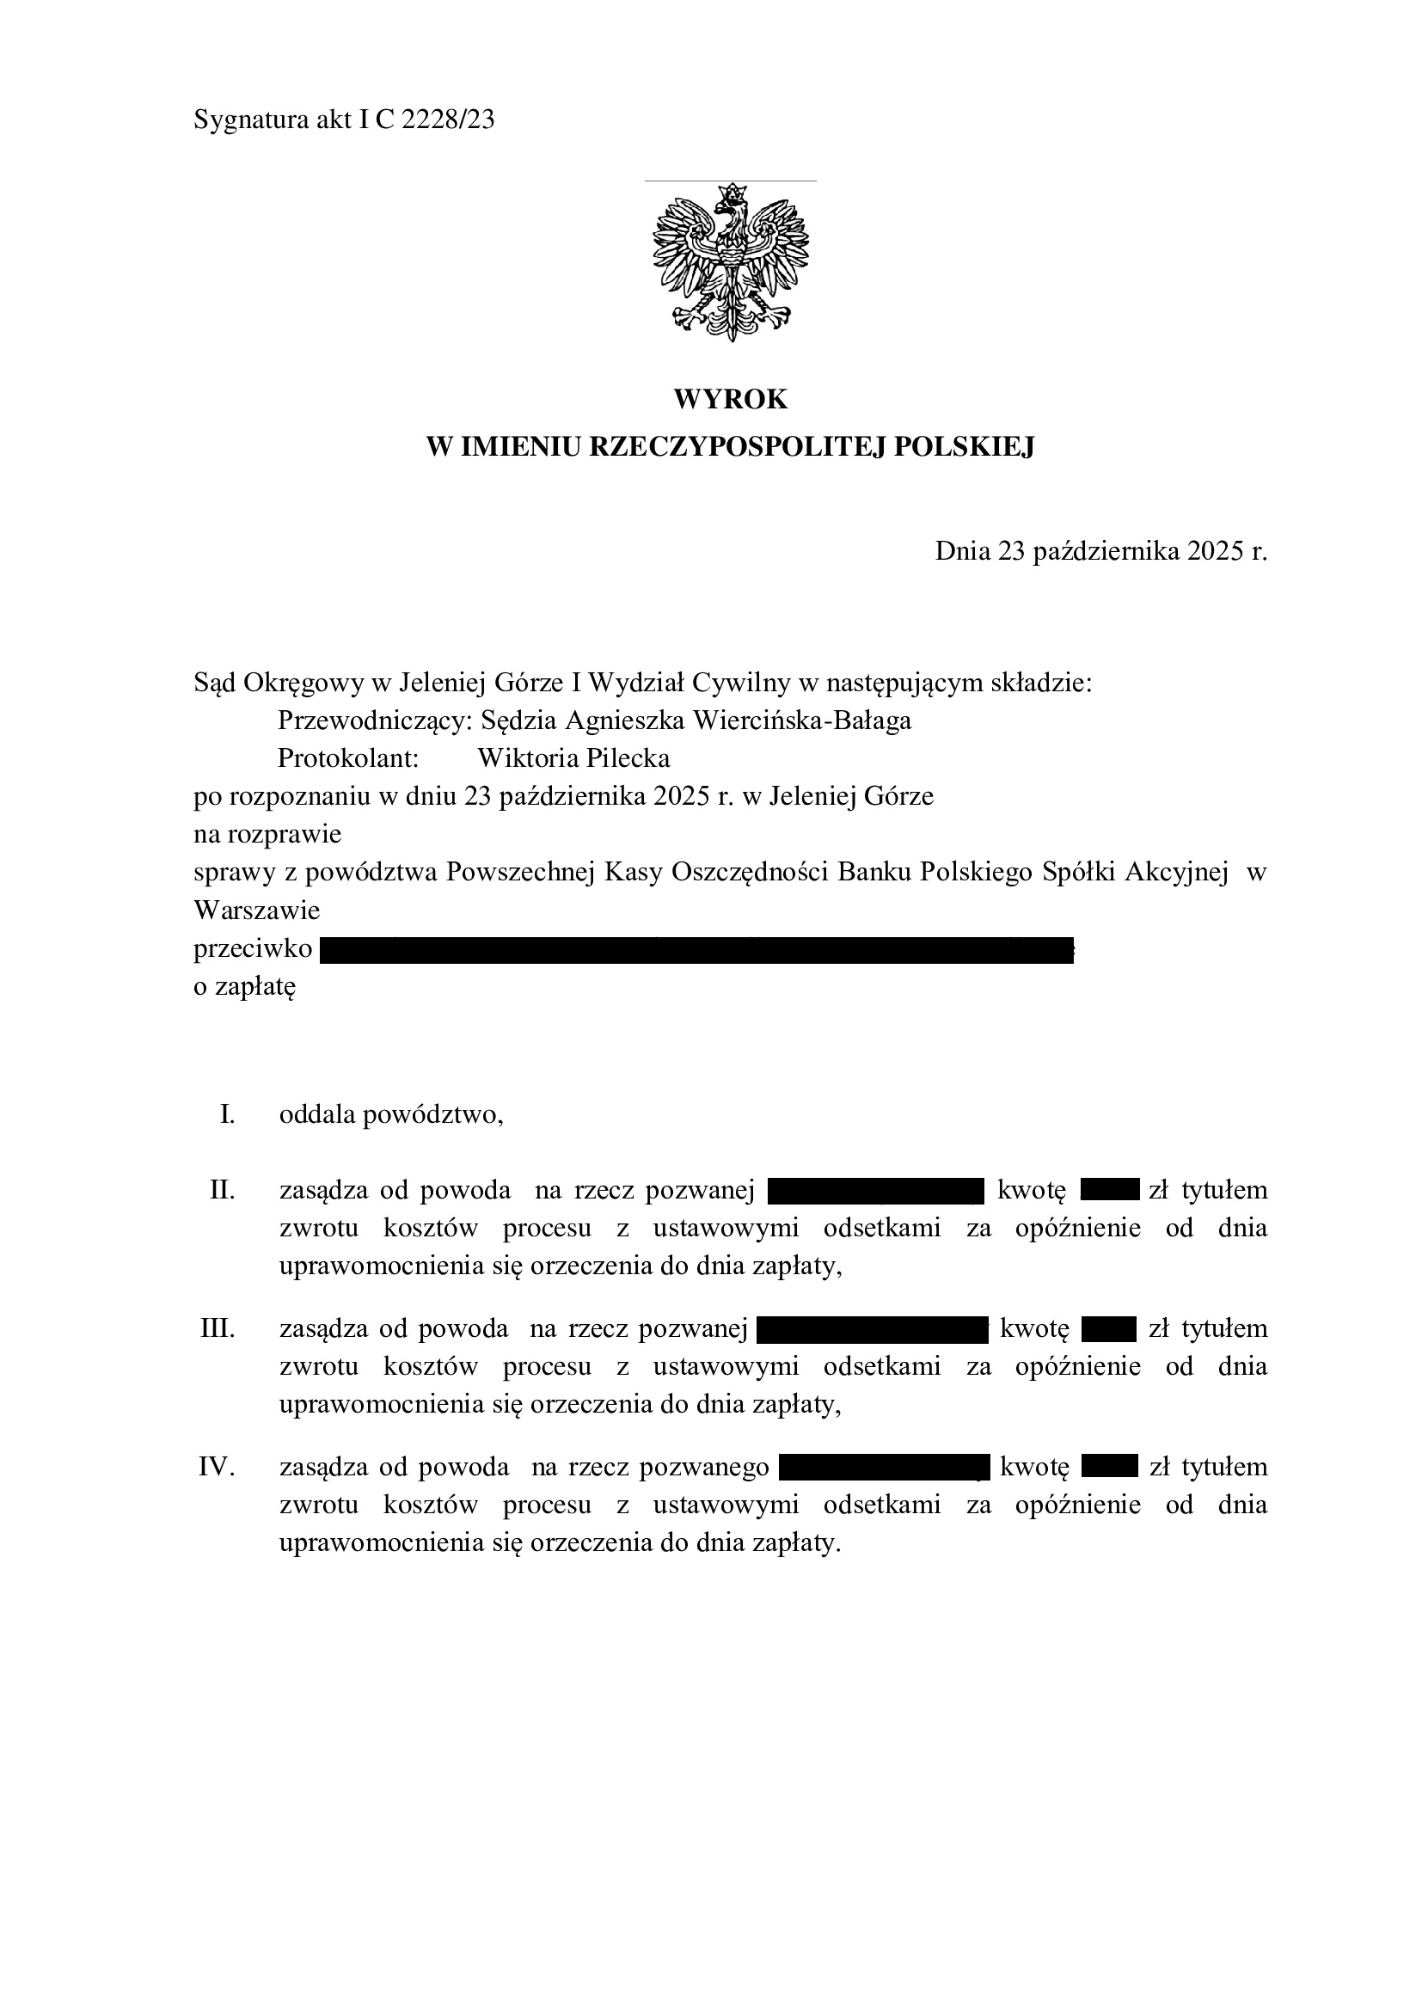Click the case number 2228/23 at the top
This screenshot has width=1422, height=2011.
447,120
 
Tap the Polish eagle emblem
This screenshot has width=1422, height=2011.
730,262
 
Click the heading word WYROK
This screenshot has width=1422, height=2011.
730,400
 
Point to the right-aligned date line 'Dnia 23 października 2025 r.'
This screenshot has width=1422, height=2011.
1100,551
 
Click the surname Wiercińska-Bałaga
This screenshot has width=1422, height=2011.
801,720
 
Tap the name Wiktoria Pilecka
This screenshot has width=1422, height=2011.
573,757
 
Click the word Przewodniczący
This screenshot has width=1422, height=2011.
375,720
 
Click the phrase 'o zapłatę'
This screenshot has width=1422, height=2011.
245,987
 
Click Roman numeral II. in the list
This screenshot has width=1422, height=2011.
223,1190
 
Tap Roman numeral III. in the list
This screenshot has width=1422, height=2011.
218,1328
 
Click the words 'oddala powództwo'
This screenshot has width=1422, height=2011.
390,1115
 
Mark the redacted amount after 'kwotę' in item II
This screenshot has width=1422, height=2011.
1109,1190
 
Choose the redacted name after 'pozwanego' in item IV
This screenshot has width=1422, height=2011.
884,1467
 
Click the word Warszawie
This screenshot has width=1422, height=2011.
256,910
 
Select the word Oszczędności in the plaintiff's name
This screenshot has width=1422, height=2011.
751,873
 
